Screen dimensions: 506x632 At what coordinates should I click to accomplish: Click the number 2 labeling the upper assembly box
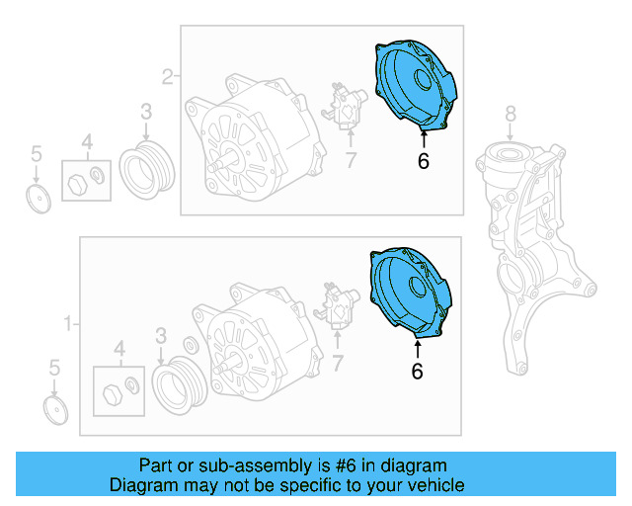(x=167, y=75)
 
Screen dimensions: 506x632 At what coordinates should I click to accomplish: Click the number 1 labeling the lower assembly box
(x=68, y=323)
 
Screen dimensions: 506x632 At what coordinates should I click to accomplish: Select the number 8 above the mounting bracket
(x=510, y=112)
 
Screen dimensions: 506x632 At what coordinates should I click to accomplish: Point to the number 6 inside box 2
(x=423, y=161)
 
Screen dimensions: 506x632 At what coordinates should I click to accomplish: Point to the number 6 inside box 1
(x=416, y=371)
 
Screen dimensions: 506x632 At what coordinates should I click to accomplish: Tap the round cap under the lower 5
(x=57, y=410)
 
